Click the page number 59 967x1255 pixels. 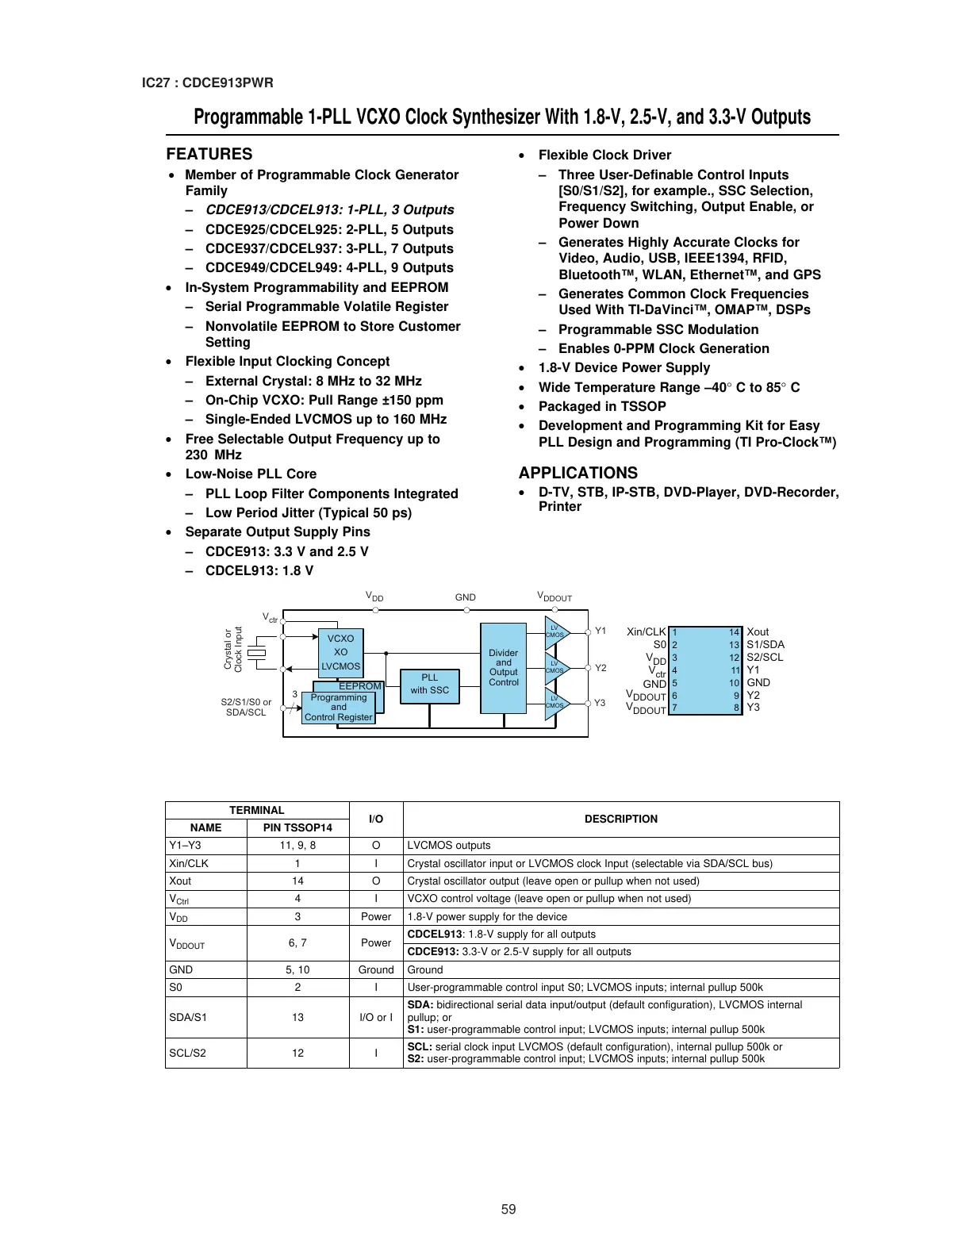tap(508, 1209)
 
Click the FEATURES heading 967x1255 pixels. tap(209, 154)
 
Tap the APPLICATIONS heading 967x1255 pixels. tap(578, 473)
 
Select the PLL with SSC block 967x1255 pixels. tap(429, 684)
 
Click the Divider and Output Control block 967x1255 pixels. tap(504, 668)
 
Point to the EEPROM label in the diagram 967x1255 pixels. tap(359, 686)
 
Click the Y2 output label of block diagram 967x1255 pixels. tap(601, 668)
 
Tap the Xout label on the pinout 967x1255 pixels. tap(758, 632)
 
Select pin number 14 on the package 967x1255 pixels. tap(735, 632)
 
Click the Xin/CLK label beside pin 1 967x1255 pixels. tap(647, 632)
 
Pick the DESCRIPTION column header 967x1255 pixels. tap(620, 819)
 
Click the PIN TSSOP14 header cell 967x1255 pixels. tap(297, 827)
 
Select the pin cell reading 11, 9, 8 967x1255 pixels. tap(297, 846)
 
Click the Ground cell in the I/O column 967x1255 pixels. tap(376, 969)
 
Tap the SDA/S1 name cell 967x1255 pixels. tap(188, 1017)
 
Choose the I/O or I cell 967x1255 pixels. tap(376, 1017)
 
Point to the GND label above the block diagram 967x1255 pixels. tap(466, 597)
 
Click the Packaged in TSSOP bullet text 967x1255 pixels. tap(602, 406)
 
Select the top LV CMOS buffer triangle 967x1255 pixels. tap(555, 632)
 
